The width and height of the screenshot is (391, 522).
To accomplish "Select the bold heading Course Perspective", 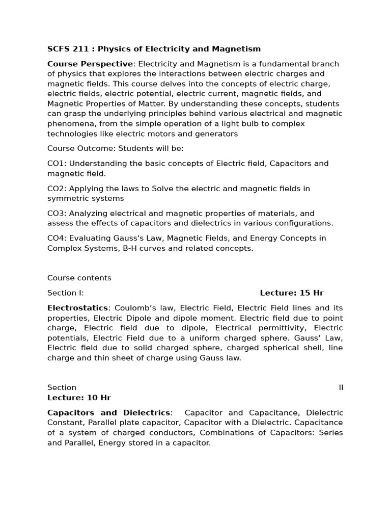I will (x=90, y=64).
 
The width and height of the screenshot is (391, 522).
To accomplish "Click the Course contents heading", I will (x=79, y=278).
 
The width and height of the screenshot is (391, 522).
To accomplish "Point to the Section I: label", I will (x=66, y=293).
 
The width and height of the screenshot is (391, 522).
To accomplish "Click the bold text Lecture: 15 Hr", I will (x=291, y=293).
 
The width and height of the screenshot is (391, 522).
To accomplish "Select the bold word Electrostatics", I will (x=77, y=308).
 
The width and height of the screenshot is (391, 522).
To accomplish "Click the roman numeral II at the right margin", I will (x=341, y=387).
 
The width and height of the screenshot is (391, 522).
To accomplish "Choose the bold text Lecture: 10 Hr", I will (x=79, y=398).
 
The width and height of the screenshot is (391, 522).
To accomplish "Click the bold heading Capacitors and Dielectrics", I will (x=109, y=412).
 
